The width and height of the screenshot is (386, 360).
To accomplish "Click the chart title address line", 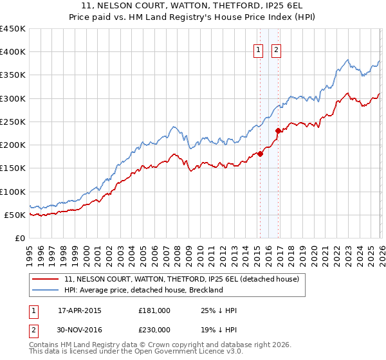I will [x=193, y=6].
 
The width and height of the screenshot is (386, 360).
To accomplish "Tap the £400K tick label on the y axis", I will [x=13, y=52].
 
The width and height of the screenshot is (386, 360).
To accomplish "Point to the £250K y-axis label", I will [x=13, y=122].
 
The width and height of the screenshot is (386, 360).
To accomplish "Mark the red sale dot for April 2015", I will [x=261, y=154].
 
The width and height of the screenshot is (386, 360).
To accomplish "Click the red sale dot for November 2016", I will [x=279, y=130].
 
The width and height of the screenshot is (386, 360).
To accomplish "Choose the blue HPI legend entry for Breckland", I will [x=143, y=290].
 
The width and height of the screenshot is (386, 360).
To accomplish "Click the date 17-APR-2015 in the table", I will [x=80, y=310].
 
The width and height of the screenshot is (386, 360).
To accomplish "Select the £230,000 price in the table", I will [x=154, y=328].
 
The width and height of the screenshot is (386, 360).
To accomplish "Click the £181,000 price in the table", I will [x=154, y=310].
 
